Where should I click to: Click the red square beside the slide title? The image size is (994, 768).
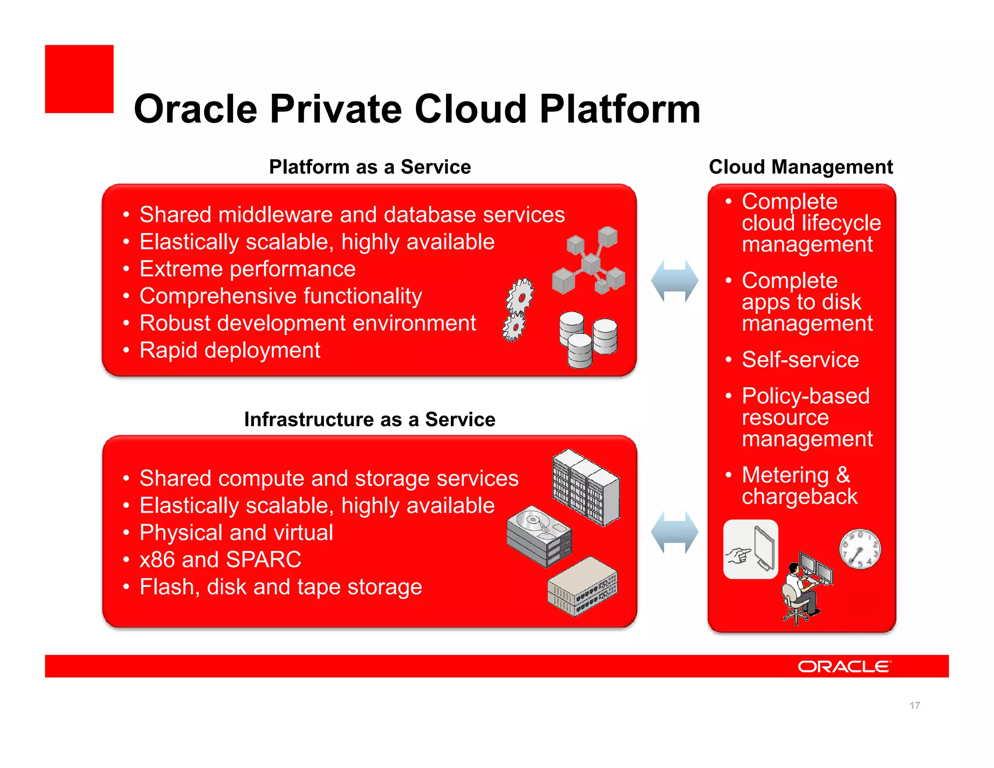[x=79, y=79]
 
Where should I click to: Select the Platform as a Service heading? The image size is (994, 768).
[x=370, y=167]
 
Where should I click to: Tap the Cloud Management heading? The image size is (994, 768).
[x=800, y=167]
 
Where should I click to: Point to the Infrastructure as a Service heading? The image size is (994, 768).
[x=369, y=419]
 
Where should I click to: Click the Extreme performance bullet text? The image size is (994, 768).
[x=248, y=269]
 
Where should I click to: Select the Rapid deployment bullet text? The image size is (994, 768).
[x=230, y=350]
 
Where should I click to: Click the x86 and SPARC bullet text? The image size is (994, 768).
[x=220, y=559]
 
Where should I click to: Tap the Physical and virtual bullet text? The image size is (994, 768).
[x=236, y=533]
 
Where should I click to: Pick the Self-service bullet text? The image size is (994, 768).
[x=800, y=360]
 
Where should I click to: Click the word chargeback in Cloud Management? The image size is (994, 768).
[x=799, y=497]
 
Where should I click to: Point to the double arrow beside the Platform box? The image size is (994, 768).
[x=674, y=281]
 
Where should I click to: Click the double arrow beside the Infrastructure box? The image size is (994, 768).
[x=674, y=532]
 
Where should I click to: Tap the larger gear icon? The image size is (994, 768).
[x=520, y=296]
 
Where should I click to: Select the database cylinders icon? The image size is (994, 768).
[x=587, y=339]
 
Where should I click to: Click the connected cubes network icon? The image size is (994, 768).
[x=590, y=261]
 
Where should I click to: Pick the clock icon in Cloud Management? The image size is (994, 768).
[x=860, y=549]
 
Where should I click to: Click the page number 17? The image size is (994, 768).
[x=914, y=705]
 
